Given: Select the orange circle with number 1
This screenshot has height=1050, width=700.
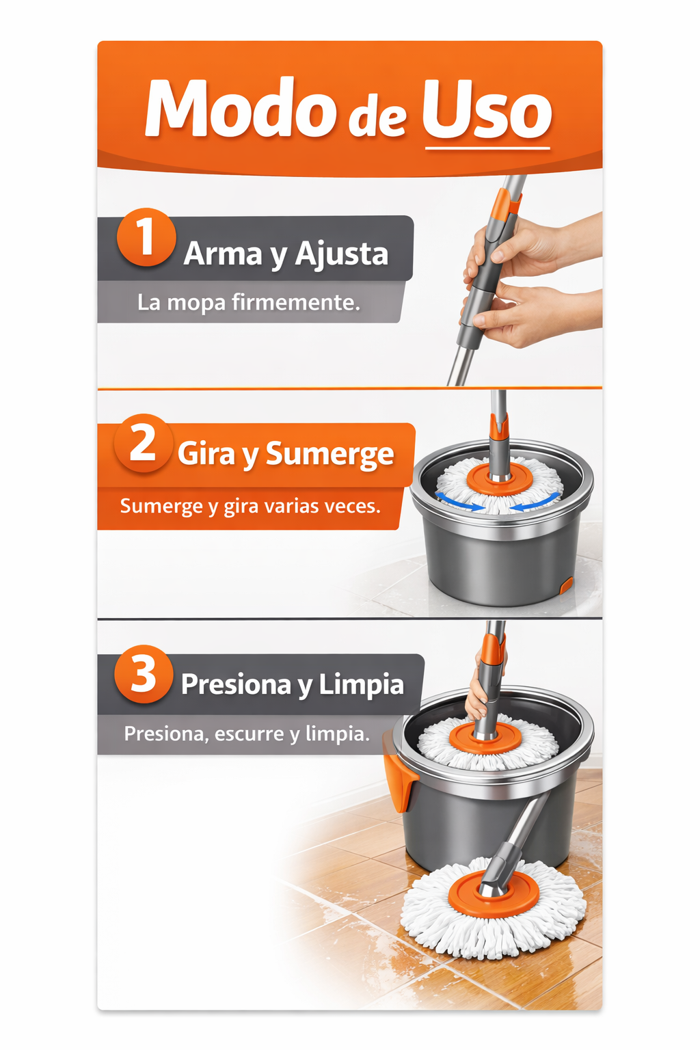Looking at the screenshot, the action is pos(146,237).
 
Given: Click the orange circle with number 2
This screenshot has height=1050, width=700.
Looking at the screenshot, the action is pos(143,442).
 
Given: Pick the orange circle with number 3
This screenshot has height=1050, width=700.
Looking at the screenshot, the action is pos(143,674).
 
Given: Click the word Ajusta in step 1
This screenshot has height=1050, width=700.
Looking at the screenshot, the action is pos(342,254).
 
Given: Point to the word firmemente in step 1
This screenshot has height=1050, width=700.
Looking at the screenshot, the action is pos(296,302).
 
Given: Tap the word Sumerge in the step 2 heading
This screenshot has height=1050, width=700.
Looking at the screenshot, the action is pos(330,455).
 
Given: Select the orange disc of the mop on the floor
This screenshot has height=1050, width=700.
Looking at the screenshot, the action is pos(494,899).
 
